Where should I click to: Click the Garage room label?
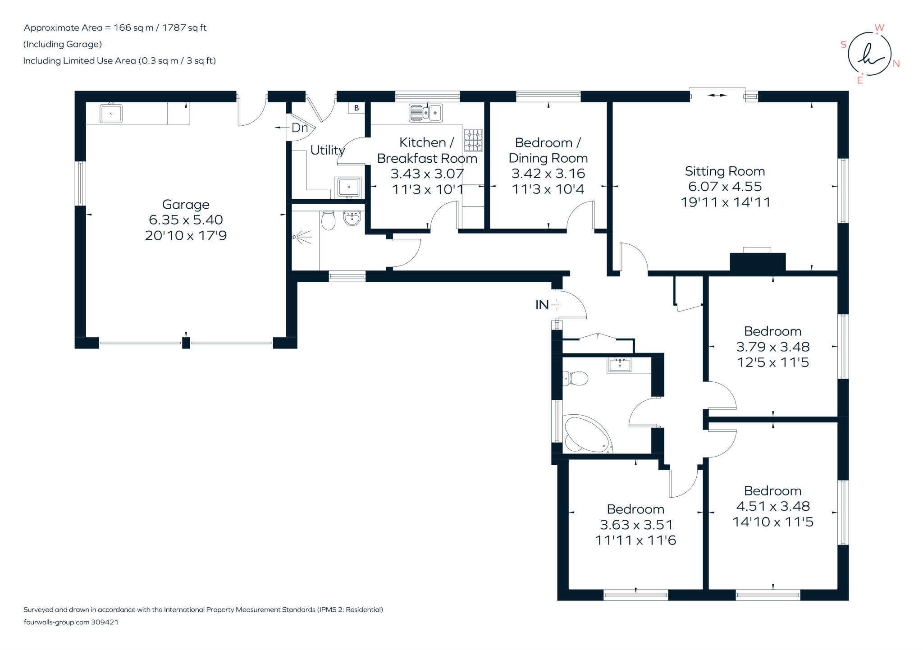coord(186,205)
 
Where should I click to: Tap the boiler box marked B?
coord(356,108)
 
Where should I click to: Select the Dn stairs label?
coord(300,128)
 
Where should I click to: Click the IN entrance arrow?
coord(557,305)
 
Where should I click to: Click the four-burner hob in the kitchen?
coord(473,140)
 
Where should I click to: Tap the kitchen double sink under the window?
coord(425,113)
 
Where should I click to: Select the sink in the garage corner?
coord(111,114)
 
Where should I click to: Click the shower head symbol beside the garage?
coord(302,237)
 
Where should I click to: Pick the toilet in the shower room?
coord(329,220)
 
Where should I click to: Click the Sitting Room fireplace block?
coord(757,262)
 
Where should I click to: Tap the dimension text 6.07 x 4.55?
coord(725,187)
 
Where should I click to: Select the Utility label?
coord(327,150)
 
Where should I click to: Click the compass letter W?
coord(879,28)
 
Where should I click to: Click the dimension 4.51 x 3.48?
coord(772,506)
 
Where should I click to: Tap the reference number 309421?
coord(105,622)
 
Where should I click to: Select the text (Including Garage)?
coord(63,44)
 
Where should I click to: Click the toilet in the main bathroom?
coord(576,378)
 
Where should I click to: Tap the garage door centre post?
coord(186,343)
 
